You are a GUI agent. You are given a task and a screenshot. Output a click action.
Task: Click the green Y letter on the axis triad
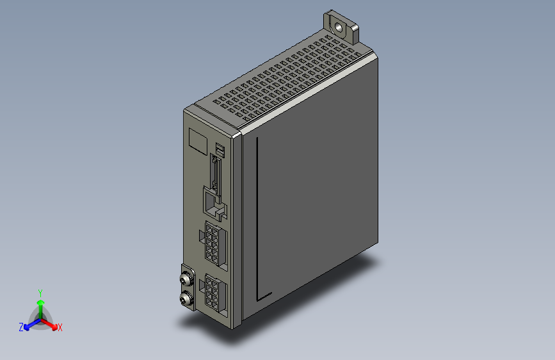[x=40, y=292]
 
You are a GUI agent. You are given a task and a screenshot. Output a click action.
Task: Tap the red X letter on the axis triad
[x=60, y=327]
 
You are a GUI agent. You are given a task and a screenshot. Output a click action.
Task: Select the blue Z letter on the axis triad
[x=21, y=327]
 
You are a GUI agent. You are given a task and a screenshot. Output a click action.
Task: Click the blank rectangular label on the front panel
[x=197, y=140]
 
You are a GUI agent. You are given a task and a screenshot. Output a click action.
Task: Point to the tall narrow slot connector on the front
[x=215, y=173]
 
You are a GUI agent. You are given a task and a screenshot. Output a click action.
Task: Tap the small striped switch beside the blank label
[x=220, y=151]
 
